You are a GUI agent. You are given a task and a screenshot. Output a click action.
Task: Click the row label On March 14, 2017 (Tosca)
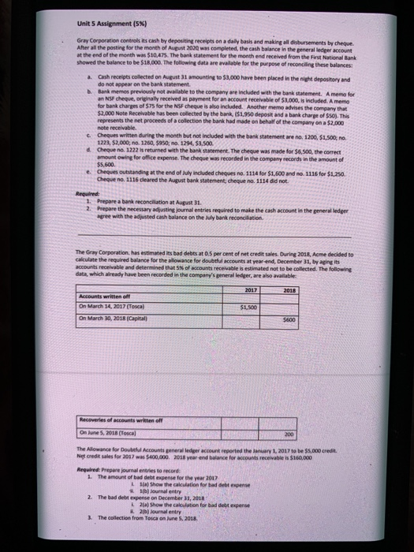119,306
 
